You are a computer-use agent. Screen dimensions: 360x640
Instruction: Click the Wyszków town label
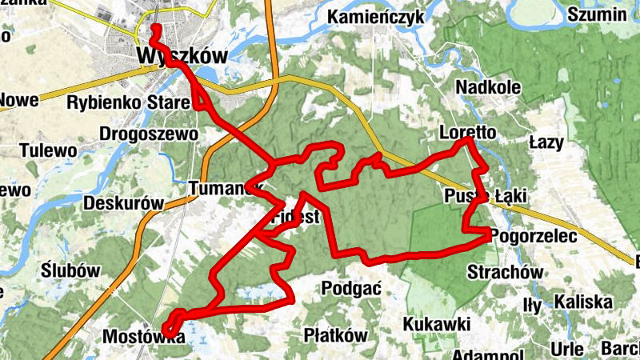point(182,56)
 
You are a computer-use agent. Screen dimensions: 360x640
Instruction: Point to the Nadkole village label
point(487,87)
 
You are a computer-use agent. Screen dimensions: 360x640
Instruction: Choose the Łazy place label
point(546,143)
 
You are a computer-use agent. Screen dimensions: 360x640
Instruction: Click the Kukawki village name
point(436,324)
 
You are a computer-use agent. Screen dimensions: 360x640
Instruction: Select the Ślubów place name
point(71,270)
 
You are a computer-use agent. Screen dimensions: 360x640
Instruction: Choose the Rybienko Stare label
point(128,102)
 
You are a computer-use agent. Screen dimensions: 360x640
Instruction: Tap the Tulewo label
point(48,150)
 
